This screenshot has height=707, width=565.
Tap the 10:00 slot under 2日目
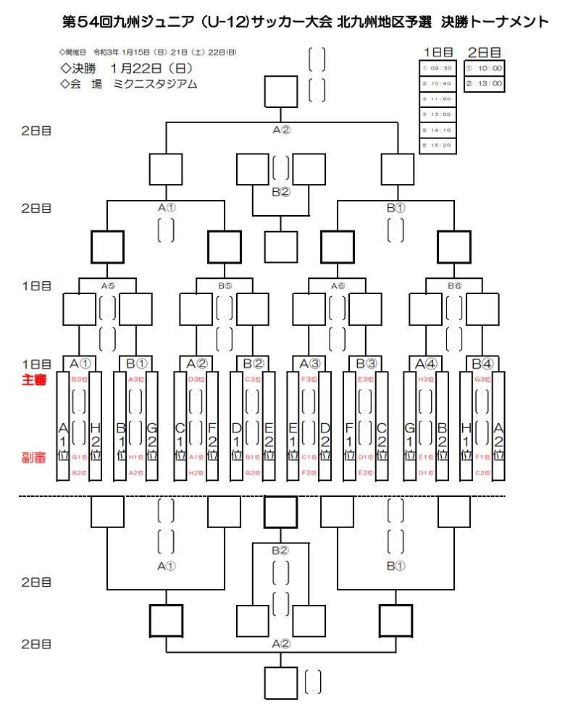pyautogui.click(x=485, y=69)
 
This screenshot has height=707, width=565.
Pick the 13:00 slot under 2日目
pyautogui.click(x=485, y=84)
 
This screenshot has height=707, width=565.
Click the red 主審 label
pyautogui.click(x=34, y=379)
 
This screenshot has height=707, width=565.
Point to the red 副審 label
pyautogui.click(x=34, y=457)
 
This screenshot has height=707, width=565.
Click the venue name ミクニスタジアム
pyautogui.click(x=155, y=84)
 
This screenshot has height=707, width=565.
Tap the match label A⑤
pyautogui.click(x=108, y=285)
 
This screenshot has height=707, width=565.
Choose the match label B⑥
pyautogui.click(x=454, y=285)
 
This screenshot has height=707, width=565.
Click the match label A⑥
pyautogui.click(x=338, y=285)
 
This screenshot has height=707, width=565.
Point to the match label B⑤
pyautogui.click(x=225, y=285)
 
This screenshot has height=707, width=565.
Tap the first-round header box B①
pyautogui.click(x=136, y=363)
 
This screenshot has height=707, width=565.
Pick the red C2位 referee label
pyautogui.click(x=482, y=473)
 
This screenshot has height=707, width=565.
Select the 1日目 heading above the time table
pyautogui.click(x=438, y=52)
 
